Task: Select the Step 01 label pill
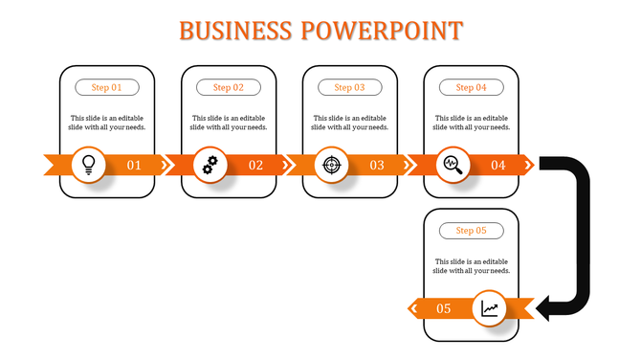coord(107,87)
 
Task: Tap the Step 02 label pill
coord(229,87)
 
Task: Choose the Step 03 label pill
coord(350,87)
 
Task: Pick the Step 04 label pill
coord(471,87)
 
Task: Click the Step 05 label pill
coord(471,231)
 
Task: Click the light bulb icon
coord(89,165)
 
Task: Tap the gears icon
coord(210,165)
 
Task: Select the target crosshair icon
coord(332,165)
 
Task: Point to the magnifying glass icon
coord(453,165)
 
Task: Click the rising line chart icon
coord(490,308)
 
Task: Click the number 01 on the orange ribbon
coord(134,166)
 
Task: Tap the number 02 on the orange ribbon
coord(255,166)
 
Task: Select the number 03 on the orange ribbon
coord(377,166)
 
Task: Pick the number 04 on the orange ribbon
coord(498,166)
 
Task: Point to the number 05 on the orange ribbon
coord(444,309)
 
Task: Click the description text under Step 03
coord(350,123)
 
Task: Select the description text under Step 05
coord(471,266)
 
